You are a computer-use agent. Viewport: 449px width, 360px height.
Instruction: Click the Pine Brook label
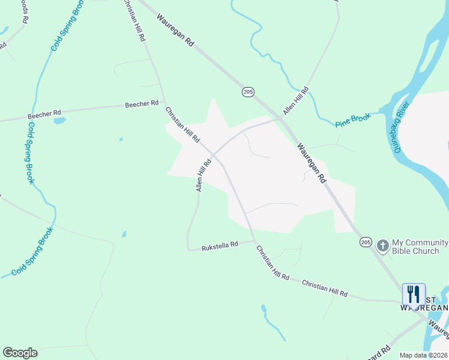click(353, 120)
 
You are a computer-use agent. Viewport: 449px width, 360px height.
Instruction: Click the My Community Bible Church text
click(420, 247)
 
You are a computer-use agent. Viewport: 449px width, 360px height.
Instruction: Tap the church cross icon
click(382, 245)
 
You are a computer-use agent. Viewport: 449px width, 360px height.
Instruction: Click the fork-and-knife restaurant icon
click(414, 295)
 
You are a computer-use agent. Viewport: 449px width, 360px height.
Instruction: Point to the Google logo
click(20, 353)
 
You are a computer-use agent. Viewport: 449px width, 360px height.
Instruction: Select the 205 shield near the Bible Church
click(366, 241)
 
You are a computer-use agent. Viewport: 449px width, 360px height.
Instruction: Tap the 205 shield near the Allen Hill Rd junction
click(248, 92)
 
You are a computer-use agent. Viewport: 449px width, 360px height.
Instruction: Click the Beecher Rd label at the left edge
click(44, 113)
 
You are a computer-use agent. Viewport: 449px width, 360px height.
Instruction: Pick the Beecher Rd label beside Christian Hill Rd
click(142, 104)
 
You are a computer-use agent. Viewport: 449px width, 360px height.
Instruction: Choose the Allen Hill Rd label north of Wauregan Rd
click(296, 100)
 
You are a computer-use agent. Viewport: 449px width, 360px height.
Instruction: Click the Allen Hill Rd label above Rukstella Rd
click(203, 175)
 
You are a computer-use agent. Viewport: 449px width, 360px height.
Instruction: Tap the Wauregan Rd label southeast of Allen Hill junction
click(311, 162)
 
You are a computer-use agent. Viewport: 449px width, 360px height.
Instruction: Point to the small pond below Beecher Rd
click(59, 121)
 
